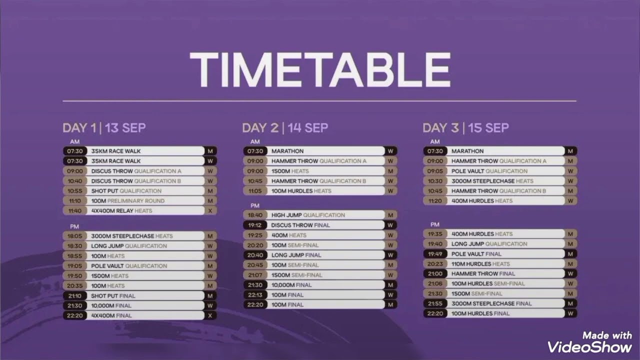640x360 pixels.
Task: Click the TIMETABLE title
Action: tap(320, 70)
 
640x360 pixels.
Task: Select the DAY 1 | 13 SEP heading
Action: tap(104, 128)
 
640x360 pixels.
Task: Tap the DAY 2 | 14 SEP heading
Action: tap(285, 128)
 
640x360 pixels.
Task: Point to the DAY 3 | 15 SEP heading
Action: tap(465, 128)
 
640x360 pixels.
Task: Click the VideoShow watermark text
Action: tap(589, 346)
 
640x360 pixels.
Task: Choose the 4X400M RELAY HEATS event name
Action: tap(121, 211)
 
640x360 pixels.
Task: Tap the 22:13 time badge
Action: tap(255, 295)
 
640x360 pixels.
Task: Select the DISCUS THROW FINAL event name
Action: tap(300, 225)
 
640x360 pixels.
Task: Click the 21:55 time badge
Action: tap(435, 303)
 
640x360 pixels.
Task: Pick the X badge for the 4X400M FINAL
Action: tap(210, 315)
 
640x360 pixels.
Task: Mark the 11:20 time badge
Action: tap(435, 201)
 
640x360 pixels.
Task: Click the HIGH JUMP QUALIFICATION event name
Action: tap(308, 215)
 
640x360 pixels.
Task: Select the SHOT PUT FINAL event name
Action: tap(113, 295)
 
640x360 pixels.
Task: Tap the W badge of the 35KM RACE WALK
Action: tap(210, 161)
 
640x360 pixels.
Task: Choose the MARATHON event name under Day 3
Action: tap(467, 151)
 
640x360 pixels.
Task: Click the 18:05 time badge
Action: tap(75, 236)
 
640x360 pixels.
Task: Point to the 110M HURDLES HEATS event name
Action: tap(480, 264)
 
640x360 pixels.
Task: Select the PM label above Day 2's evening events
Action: tap(255, 205)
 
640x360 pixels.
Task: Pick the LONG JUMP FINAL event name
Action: tap(296, 255)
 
